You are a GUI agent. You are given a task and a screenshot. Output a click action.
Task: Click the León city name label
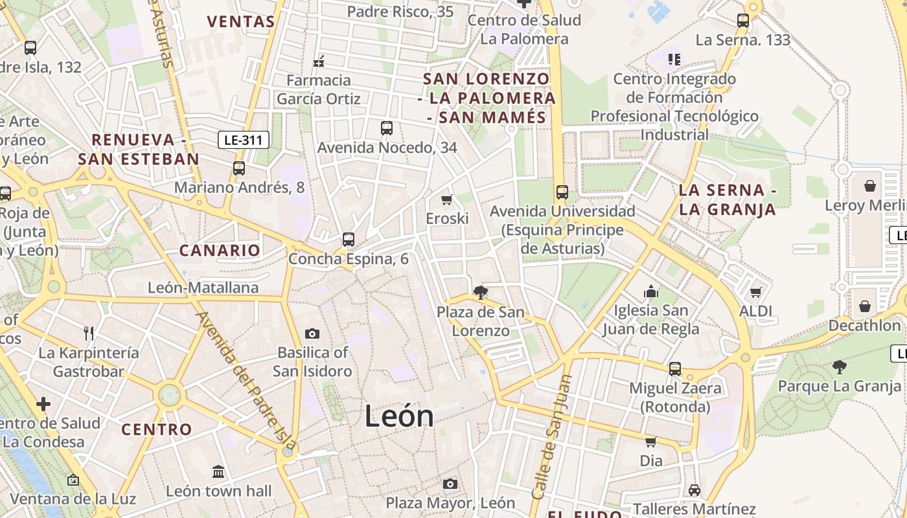(x=399, y=416)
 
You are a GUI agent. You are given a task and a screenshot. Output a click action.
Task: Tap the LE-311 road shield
(x=243, y=139)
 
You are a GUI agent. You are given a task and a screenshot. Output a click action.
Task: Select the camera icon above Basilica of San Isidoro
(x=312, y=333)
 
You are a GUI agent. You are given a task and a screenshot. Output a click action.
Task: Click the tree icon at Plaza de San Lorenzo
(x=480, y=293)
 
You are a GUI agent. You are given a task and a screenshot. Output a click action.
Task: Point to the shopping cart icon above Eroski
(x=446, y=199)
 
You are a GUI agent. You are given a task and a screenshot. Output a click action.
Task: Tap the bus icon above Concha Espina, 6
(x=349, y=240)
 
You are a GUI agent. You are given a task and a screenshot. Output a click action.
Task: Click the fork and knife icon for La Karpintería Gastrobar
(x=89, y=333)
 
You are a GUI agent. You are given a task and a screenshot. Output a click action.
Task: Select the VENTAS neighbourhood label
(x=241, y=21)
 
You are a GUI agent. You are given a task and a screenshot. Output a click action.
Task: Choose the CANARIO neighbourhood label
(x=220, y=250)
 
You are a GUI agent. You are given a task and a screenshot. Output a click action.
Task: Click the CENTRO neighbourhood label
(x=157, y=429)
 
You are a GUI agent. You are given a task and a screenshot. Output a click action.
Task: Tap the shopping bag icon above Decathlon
(x=864, y=306)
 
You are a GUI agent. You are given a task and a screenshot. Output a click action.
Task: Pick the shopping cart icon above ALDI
(x=755, y=292)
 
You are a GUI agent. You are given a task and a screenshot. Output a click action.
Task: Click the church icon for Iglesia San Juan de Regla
(x=651, y=291)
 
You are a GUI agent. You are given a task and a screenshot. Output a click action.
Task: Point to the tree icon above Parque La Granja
(x=839, y=367)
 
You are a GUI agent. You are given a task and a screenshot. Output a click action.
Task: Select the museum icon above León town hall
(x=218, y=471)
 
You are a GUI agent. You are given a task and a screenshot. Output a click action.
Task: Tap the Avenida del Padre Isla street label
(x=246, y=382)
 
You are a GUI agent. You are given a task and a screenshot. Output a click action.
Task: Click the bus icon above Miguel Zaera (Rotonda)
(x=675, y=369)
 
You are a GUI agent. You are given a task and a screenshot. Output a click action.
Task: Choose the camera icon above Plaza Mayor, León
(x=450, y=484)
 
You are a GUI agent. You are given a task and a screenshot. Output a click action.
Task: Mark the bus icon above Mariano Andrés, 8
(x=239, y=168)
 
